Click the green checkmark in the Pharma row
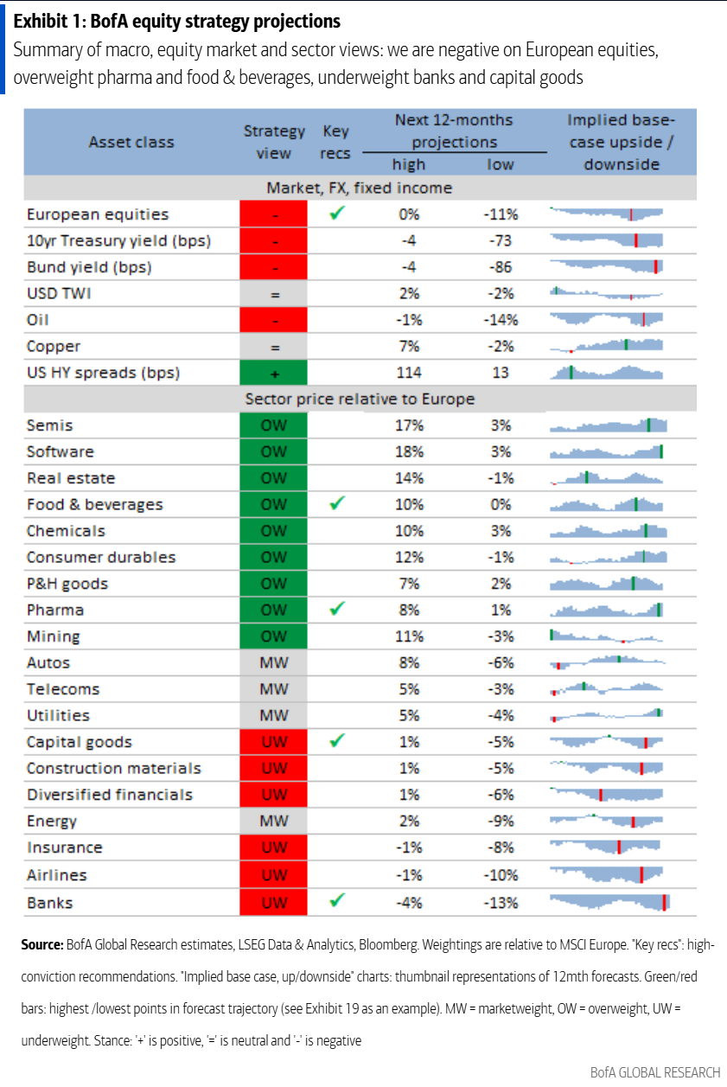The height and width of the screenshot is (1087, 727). coord(337,610)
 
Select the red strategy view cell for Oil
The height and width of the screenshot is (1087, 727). coord(274,320)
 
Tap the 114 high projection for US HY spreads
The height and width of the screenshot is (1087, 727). coord(410,373)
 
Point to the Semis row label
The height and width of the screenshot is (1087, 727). coord(50,425)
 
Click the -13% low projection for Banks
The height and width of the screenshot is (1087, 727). coord(501,903)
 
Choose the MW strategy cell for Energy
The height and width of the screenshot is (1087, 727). coord(274,821)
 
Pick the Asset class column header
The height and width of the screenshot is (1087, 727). coord(131,142)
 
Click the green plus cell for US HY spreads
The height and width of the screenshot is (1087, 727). coord(274,373)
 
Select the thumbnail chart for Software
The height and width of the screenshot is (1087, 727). coord(607,451)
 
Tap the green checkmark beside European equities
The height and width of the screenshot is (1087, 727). coord(337,214)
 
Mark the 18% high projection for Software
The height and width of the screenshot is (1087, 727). coord(410,451)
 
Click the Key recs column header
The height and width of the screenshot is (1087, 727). coord(335,142)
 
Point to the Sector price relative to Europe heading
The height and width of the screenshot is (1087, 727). coord(360,399)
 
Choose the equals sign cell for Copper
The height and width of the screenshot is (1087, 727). coord(274,346)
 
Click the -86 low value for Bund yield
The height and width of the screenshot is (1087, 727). coord(501,267)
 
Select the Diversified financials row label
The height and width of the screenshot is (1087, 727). coord(110,795)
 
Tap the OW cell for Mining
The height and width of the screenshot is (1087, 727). coord(274,636)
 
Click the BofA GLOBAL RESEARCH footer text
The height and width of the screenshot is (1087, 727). coord(654,1072)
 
